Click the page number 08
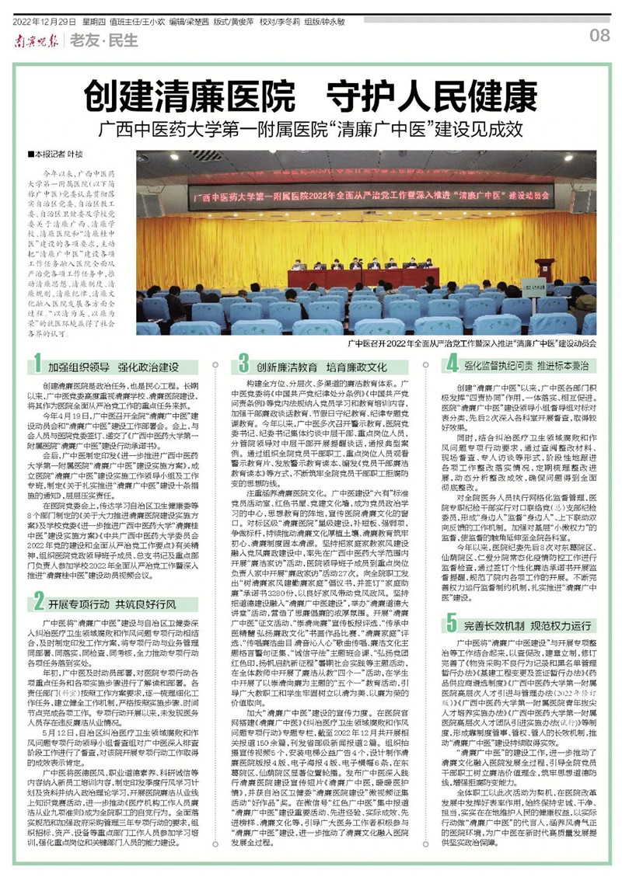pos(599,35)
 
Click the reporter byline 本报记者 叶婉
pos(55,155)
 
